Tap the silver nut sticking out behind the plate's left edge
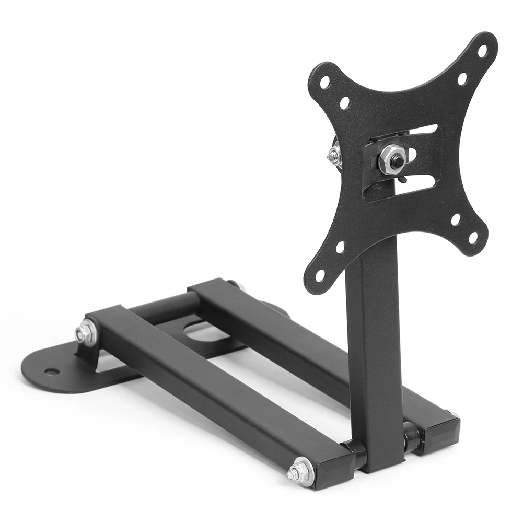coord(334,155)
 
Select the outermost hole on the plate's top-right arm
coord(482,51)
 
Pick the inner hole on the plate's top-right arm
coord(462,79)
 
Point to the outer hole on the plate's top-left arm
coord(325,82)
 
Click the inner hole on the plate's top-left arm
coord(345,103)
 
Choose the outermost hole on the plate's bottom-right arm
coord(473,238)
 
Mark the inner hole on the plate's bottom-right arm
coord(456,219)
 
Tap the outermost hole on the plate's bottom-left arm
coord(320,273)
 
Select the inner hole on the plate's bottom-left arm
coord(340,247)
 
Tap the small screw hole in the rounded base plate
coord(52,371)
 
